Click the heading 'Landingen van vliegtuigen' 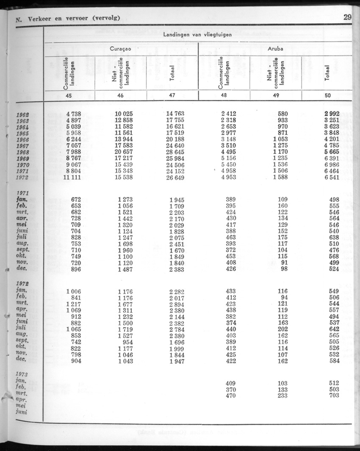pos(197,35)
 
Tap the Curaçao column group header pos(120,49)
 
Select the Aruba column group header pos(275,49)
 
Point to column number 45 pos(69,96)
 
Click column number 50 pos(327,96)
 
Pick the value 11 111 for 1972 pos(72,177)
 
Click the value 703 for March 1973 pos(333,396)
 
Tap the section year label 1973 pos(23,374)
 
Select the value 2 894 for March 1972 pos(176,304)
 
